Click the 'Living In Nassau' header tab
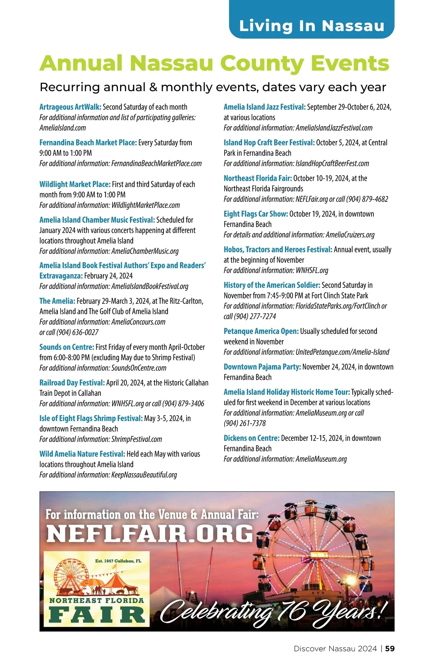click(311, 26)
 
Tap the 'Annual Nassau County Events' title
click(214, 63)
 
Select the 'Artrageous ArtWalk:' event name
click(70, 107)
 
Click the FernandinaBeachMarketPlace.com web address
click(156, 163)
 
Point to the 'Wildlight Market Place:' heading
click(75, 184)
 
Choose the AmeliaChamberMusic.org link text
click(145, 251)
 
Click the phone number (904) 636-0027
click(77, 332)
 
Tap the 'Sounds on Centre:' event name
click(67, 347)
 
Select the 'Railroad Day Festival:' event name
click(72, 383)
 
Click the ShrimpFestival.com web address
click(136, 439)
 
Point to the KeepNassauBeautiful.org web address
click(144, 475)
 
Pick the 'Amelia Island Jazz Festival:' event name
click(264, 107)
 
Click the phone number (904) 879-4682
click(367, 199)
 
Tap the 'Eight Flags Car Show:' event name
click(256, 214)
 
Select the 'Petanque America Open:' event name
click(261, 331)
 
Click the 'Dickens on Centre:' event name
click(251, 438)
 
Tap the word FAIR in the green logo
click(97, 615)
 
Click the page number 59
click(390, 649)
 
